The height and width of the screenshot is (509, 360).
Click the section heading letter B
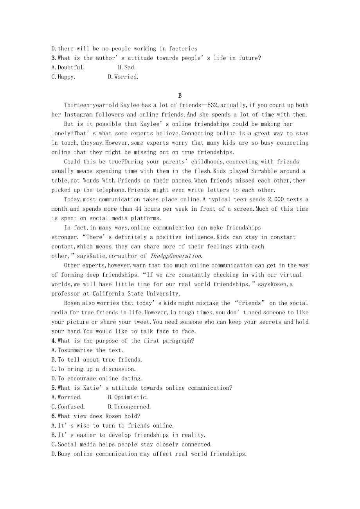pos(180,96)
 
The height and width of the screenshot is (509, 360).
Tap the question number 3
pos(53,58)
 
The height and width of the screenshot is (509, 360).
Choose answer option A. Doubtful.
pos(68,68)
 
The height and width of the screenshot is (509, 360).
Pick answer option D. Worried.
pos(123,77)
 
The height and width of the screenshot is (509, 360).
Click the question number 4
pos(53,341)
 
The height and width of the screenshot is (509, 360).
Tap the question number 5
pos(53,388)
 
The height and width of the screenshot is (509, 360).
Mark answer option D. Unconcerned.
pos(129,407)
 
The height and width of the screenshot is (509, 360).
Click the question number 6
pos(53,416)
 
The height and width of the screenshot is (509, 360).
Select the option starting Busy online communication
pos(149,454)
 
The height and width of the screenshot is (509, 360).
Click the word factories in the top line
pos(183,49)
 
